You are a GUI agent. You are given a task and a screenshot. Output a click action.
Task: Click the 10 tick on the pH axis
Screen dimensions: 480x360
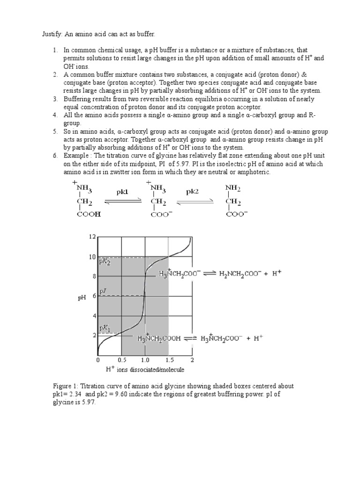[x=92, y=257]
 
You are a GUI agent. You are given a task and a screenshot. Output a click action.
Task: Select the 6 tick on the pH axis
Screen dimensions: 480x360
[x=93, y=296]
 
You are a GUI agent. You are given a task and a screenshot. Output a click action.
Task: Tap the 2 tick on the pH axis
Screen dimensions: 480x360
[x=93, y=336]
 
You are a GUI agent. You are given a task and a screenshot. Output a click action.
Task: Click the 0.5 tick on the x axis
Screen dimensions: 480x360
[x=121, y=360]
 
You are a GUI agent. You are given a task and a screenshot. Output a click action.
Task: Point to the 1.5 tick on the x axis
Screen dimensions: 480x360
[x=169, y=360]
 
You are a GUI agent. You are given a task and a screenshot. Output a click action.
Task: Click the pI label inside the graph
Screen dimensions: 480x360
[x=103, y=291]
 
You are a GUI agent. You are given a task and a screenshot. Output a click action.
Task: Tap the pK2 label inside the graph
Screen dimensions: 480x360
[x=104, y=262]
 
